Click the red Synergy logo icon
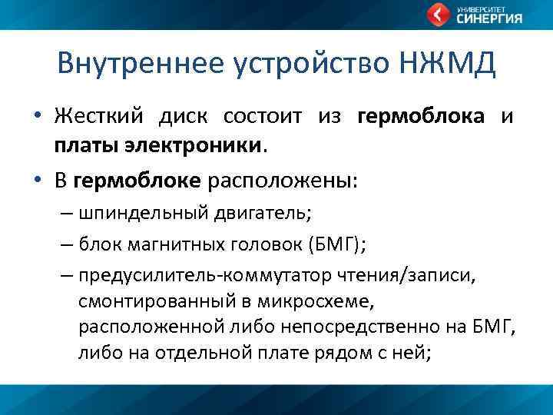click(439, 15)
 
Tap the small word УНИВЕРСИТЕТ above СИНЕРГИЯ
click(479, 8)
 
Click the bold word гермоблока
click(421, 117)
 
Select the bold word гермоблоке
click(137, 181)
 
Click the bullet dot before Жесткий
click(37, 118)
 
